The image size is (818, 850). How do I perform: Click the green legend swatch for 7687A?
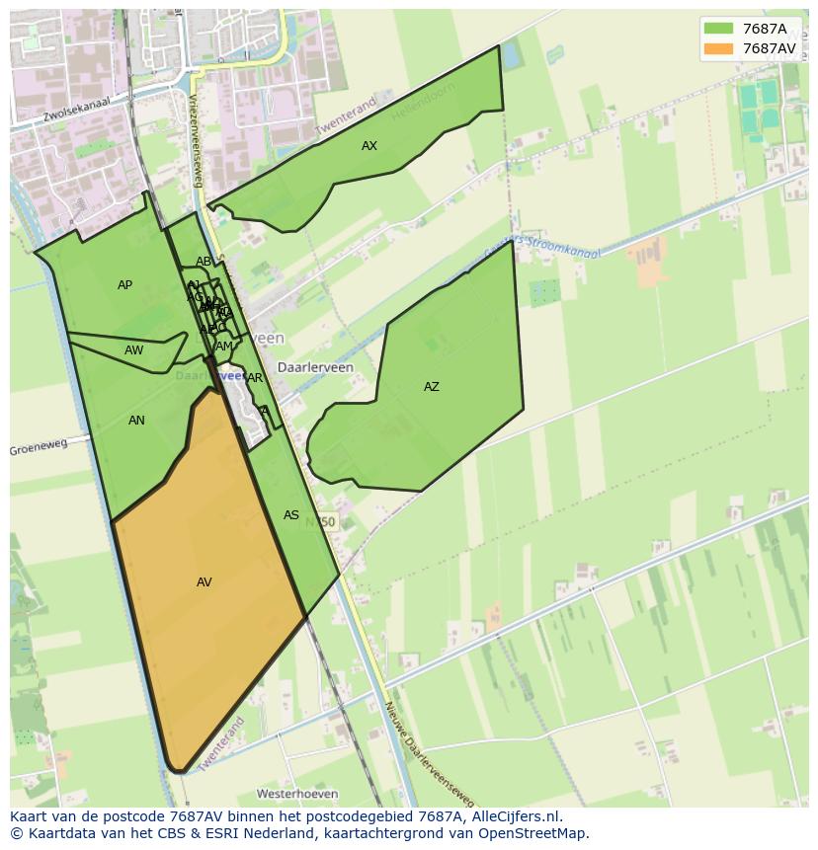point(718,29)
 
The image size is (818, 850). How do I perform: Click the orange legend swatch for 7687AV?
point(718,48)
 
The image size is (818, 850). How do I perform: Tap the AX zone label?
point(369,146)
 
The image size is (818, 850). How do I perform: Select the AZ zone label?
point(432,387)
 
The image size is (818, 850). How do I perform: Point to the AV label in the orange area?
point(204,582)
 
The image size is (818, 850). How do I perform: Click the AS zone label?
point(291,515)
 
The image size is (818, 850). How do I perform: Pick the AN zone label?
point(137,421)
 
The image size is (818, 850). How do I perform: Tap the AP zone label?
point(124,285)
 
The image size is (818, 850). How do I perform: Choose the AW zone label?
point(134,350)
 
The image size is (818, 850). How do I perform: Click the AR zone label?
point(255,378)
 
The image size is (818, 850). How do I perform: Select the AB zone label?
point(204,262)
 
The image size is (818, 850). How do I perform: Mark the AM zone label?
point(224,347)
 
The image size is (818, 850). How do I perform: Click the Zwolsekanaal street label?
point(75,109)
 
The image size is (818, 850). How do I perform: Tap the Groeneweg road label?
point(39,447)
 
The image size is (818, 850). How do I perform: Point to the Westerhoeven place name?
point(297,794)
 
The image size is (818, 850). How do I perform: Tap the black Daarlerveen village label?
point(315,367)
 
